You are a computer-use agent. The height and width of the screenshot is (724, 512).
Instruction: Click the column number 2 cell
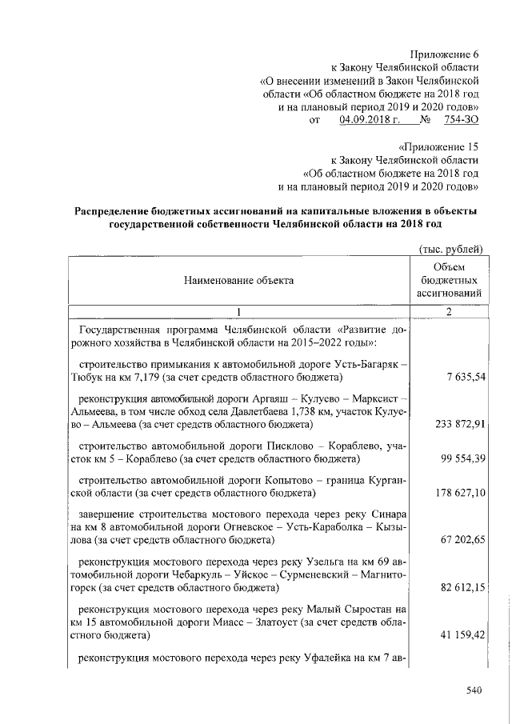449,311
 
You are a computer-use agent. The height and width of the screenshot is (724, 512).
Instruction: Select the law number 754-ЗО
459,120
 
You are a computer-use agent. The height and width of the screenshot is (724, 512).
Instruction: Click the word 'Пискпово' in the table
300,444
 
